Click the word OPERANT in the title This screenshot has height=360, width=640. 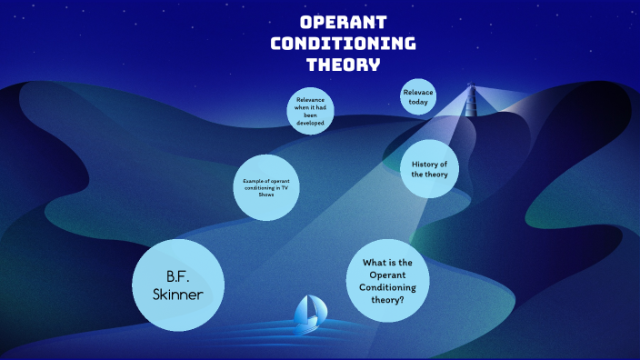point(343,23)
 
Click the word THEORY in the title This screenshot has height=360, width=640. point(343,64)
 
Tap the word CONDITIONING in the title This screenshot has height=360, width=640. point(343,43)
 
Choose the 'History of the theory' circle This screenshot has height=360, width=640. point(429,168)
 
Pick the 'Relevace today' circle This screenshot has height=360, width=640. point(418,96)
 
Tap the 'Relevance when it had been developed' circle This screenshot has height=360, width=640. point(311,110)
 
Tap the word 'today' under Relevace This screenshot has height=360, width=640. point(418,102)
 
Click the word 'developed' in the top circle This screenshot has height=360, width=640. point(311,123)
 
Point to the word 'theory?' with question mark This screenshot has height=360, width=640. point(388,300)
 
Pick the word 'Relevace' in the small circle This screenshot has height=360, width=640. point(418,92)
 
